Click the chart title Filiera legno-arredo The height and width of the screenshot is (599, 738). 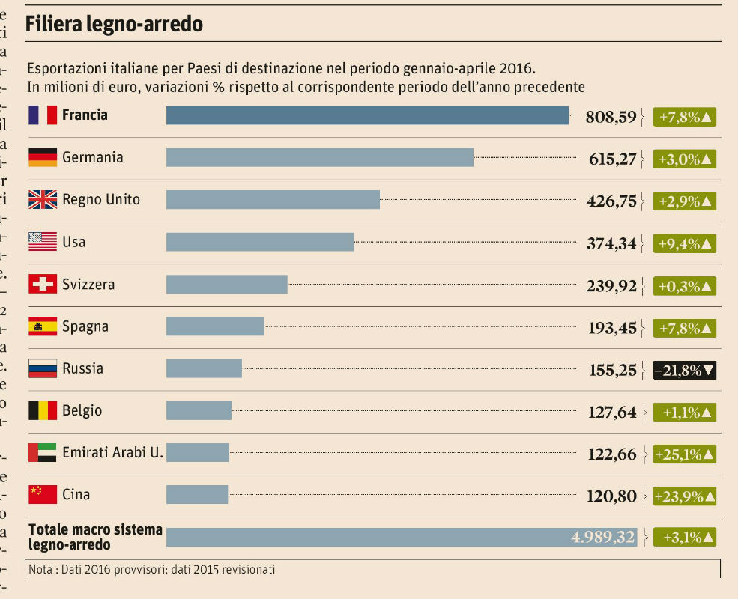tap(115, 24)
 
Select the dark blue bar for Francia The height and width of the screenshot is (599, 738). tap(367, 115)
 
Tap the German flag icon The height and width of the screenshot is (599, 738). tap(43, 157)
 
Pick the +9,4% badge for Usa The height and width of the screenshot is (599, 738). tap(685, 243)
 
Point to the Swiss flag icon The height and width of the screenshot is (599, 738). tap(43, 285)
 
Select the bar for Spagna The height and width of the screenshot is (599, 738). tap(215, 326)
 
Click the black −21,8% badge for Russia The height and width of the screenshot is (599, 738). tap(685, 370)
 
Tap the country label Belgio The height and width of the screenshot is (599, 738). tap(82, 411)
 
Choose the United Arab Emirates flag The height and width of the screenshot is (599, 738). tap(43, 453)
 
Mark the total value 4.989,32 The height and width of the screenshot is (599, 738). tap(602, 537)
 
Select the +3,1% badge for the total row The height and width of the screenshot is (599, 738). tap(685, 537)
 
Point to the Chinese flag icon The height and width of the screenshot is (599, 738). tap(43, 495)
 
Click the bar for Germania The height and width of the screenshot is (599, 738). tap(320, 157)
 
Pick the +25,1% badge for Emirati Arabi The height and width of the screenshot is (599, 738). tap(685, 454)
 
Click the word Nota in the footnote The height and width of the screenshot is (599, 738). tap(40, 570)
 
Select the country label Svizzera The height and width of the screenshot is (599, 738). tap(88, 285)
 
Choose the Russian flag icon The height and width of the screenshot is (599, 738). tap(43, 368)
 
